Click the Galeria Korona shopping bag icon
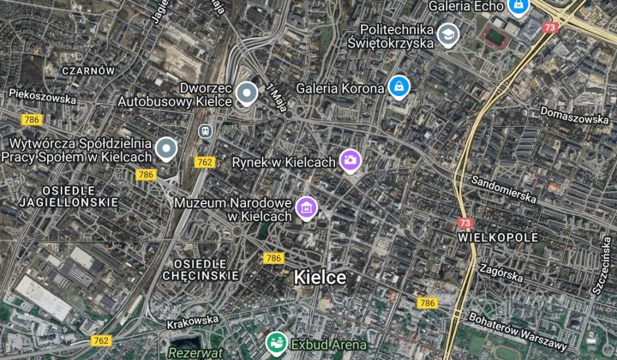[x=398, y=87]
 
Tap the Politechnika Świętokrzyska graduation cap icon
[x=447, y=35]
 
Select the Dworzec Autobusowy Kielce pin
[x=247, y=93]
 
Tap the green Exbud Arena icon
[x=276, y=345]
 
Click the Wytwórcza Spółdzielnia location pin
[x=165, y=150]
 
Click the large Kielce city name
[x=320, y=278]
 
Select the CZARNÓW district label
[x=88, y=70]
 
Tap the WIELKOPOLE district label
[x=498, y=237]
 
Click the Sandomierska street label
[x=504, y=189]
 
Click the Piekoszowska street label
[x=42, y=96]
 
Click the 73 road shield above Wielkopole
[x=465, y=222]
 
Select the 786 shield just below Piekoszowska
[x=33, y=119]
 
